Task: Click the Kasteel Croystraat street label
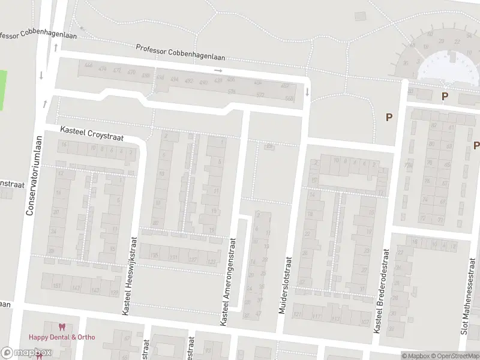(x=92, y=133)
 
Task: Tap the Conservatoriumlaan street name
(x=30, y=175)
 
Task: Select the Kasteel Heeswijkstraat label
(x=126, y=275)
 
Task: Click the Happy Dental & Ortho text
(x=62, y=337)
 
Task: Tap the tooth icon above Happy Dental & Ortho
(x=61, y=327)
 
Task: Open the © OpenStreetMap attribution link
(x=454, y=356)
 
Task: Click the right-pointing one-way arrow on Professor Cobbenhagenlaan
(x=218, y=70)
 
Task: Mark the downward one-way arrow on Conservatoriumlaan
(x=41, y=75)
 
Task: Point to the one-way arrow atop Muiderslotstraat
(x=307, y=92)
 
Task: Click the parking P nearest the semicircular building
(x=445, y=96)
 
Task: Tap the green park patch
(x=2, y=90)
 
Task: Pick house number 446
(x=89, y=65)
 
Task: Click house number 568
(x=289, y=98)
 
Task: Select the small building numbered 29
(x=269, y=146)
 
